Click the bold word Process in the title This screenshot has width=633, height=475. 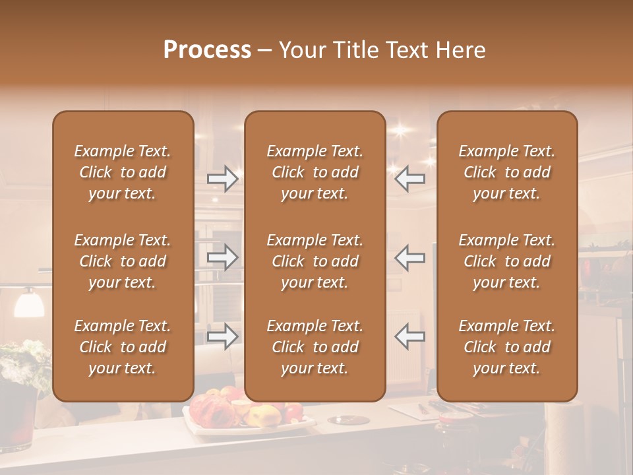(207, 50)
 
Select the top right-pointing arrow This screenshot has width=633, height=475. (223, 178)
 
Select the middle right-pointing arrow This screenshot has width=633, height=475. (223, 257)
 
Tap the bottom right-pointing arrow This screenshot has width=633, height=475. (223, 336)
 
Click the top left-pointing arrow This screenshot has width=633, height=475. (410, 178)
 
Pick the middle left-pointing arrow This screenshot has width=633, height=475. (410, 257)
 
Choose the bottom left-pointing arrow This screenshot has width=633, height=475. (410, 336)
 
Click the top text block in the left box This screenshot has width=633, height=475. (123, 172)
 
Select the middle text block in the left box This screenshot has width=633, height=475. (123, 261)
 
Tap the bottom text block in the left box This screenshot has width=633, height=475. (123, 347)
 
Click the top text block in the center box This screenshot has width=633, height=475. (315, 172)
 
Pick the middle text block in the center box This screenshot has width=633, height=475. (315, 261)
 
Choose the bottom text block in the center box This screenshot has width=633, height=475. (315, 347)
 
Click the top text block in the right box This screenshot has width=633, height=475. (507, 172)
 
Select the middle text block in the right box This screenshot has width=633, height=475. (507, 261)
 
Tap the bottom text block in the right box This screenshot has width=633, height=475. (507, 347)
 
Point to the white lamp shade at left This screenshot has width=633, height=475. (28, 303)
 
